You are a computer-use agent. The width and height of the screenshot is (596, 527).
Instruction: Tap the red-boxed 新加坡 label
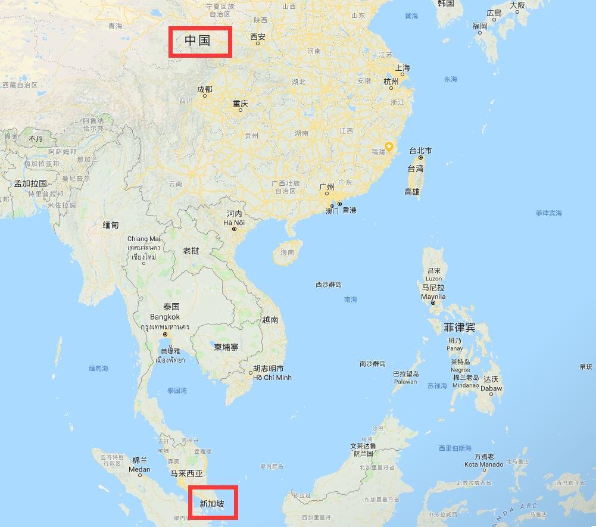pos(213,504)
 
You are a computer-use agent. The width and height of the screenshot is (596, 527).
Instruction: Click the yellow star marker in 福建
pos(389,146)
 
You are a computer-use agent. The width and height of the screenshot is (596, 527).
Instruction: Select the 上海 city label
pos(402,68)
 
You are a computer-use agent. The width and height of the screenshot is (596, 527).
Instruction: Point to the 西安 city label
pos(258,37)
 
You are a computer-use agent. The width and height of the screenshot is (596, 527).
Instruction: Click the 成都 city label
pos(204,89)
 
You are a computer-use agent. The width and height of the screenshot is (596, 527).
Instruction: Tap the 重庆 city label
pos(240,104)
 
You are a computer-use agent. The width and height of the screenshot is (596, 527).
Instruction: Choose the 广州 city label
pos(327,187)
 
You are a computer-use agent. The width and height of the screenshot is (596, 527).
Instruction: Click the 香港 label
pos(348,210)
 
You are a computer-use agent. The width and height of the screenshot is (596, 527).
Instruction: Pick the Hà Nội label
pos(234,223)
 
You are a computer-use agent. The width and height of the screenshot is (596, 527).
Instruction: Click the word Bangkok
pos(164,317)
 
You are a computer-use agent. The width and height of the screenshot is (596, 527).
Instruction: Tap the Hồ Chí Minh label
pos(272,378)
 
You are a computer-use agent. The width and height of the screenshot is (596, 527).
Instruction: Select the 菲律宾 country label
pos(460,328)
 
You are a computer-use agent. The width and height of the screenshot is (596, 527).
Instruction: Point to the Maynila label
pos(433,297)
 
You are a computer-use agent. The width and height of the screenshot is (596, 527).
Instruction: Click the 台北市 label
pos(420,151)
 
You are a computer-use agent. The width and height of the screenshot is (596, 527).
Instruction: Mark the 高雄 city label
pos(412,192)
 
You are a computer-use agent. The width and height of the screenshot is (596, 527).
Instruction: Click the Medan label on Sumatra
pos(140,469)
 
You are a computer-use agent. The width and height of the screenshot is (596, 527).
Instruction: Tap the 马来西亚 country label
pos(186,473)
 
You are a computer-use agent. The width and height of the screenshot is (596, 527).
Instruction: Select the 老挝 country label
pos(191,251)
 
